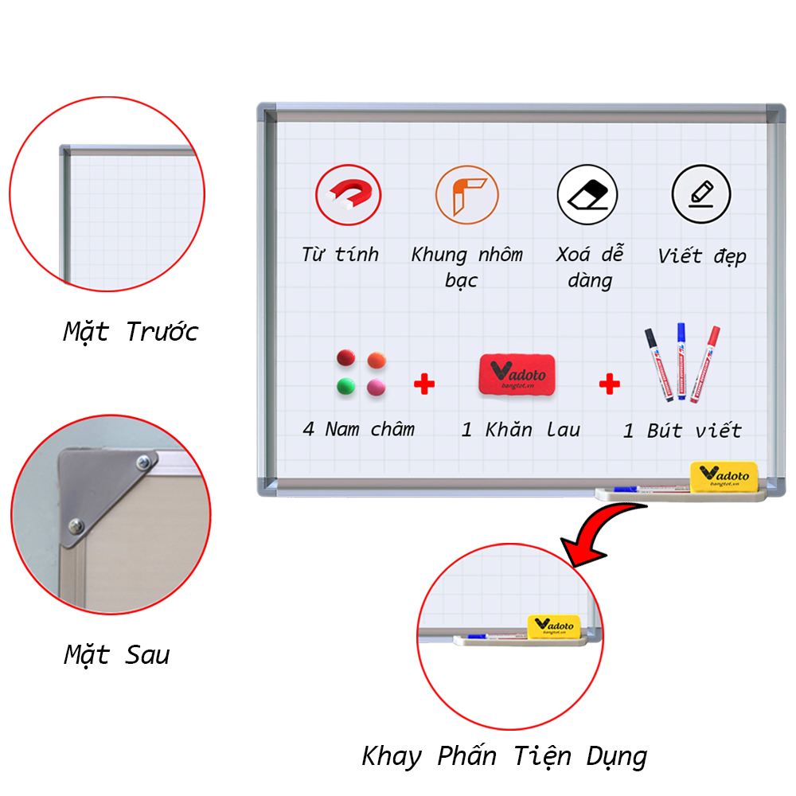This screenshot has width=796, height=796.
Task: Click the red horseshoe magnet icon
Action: [348, 195]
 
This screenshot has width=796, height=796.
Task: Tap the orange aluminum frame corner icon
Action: [466, 195]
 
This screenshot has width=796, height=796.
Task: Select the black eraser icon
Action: [587, 194]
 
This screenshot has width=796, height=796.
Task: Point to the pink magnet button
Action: [376, 387]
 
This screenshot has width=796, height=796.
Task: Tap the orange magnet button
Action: [377, 360]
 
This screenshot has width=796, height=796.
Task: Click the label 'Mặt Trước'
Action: [131, 331]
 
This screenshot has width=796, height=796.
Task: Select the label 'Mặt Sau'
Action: [117, 655]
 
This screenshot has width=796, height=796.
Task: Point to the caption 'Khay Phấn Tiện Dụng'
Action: [504, 755]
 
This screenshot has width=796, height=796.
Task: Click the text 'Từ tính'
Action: [340, 255]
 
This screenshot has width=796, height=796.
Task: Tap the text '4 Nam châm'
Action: [358, 429]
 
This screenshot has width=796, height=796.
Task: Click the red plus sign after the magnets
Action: [424, 386]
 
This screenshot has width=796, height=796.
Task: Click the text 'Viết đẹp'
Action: [701, 256]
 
